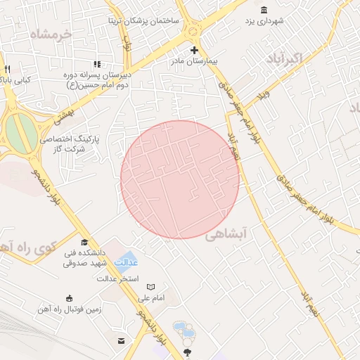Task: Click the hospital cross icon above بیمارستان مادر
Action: tap(194, 51)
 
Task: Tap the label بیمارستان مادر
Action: tap(194, 62)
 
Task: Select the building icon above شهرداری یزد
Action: tap(264, 10)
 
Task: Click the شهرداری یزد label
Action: tap(264, 22)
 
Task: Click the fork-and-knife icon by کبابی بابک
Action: tap(7, 69)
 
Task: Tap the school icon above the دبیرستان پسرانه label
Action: tap(98, 65)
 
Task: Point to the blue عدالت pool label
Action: tap(127, 262)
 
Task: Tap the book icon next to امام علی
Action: tap(150, 287)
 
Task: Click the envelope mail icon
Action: tap(122, 341)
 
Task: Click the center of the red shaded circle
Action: tap(180, 179)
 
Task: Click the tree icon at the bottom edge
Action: tap(187, 351)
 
